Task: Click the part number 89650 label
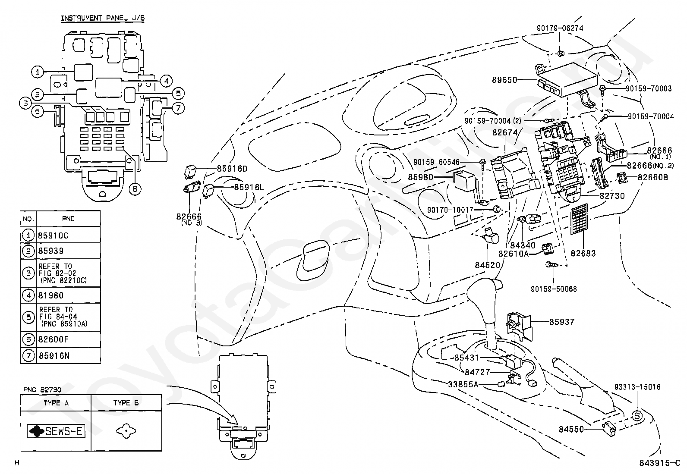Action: pos(504,80)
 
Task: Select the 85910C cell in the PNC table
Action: pos(54,235)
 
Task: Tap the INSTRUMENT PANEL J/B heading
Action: pos(102,18)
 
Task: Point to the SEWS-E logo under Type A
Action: pos(56,431)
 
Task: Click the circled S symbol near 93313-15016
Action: pos(637,416)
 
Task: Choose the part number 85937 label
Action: pos(562,322)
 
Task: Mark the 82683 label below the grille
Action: pos(583,253)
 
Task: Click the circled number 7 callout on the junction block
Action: pos(178,108)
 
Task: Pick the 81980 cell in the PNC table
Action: pos(51,295)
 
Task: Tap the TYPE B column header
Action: pos(126,403)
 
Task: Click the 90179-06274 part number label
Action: pos(560,28)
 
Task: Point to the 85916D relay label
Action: pos(232,169)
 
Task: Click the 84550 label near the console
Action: pos(571,429)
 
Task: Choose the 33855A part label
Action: pos(463,384)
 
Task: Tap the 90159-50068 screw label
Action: pos(554,289)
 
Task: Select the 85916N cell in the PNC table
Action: pos(54,356)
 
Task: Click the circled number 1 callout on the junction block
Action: pos(38,72)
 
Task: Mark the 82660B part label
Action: pos(652,178)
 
